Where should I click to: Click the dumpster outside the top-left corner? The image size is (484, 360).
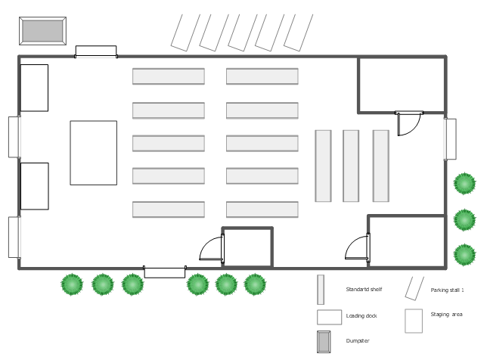pos(43,31)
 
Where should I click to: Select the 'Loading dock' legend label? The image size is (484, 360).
pos(361,315)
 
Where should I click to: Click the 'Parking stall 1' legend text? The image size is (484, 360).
pos(447,290)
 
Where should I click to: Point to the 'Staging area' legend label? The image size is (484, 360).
pos(446,315)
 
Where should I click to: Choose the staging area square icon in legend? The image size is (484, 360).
pos(413,321)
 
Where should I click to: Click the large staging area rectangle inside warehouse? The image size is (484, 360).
pos(93,153)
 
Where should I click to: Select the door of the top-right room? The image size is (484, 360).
pos(409,123)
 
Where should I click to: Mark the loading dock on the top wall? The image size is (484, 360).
pos(95,51)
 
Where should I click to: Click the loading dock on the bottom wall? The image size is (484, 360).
pos(164,272)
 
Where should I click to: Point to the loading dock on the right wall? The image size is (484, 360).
pos(450,138)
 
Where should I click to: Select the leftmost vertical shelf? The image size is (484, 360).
pos(323,166)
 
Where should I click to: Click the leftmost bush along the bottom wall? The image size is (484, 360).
pos(71,284)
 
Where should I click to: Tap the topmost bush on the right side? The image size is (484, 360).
pos(464,183)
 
